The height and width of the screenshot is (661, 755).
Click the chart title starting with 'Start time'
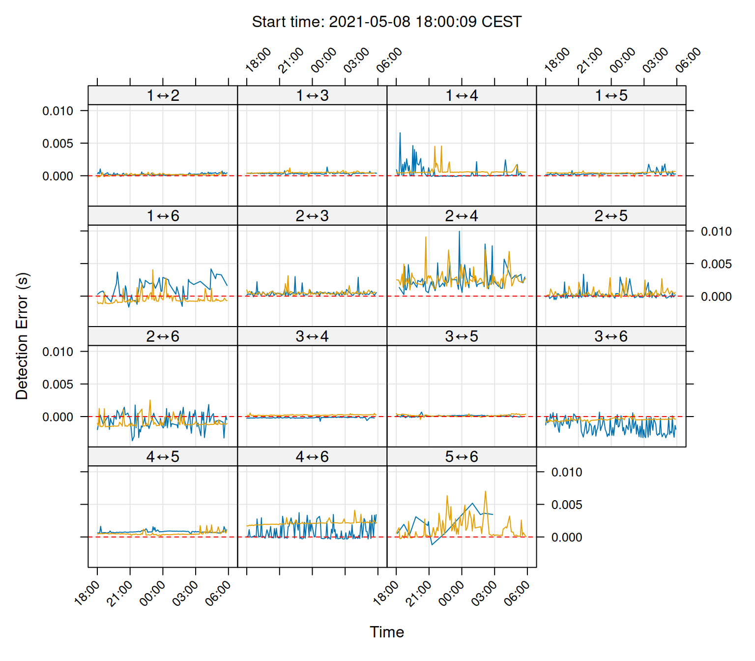click(386, 22)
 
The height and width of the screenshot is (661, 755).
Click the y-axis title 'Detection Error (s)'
click(22, 336)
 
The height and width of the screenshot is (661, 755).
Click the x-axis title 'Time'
click(387, 632)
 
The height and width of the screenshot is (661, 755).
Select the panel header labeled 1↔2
click(163, 95)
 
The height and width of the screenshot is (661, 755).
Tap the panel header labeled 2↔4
click(462, 216)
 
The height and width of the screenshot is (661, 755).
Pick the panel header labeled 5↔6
click(462, 457)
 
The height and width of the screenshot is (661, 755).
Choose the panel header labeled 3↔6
click(611, 336)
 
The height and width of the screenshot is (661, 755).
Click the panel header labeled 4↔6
click(312, 457)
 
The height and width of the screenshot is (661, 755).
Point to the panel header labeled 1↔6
click(163, 216)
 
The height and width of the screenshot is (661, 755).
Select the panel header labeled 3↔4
click(312, 336)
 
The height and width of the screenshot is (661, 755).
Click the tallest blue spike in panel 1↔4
click(400, 133)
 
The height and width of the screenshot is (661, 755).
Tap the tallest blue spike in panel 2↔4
click(460, 232)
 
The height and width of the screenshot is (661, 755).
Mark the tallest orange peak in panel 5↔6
click(485, 491)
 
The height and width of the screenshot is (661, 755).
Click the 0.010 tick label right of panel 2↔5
click(716, 232)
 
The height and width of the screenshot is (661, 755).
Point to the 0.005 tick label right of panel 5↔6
click(566, 505)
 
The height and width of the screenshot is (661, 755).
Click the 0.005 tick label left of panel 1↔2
click(58, 144)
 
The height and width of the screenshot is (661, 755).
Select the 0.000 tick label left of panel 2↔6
click(58, 417)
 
